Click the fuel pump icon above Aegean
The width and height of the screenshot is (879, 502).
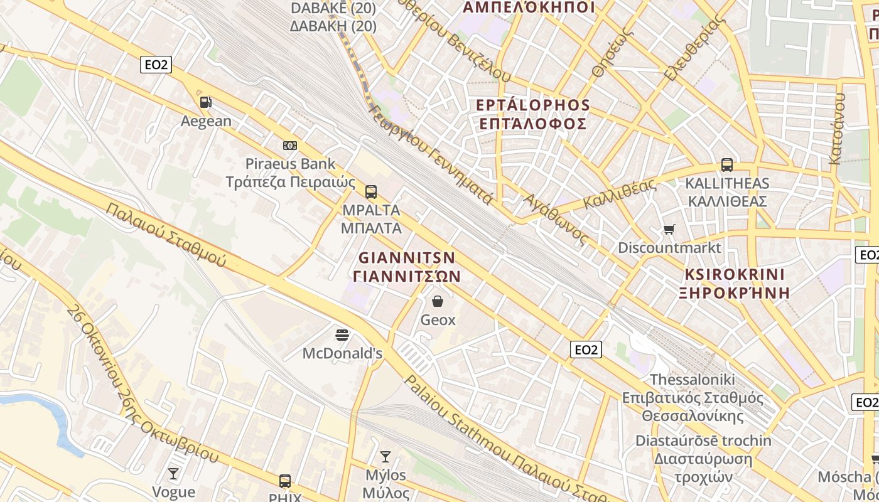(x=205, y=102)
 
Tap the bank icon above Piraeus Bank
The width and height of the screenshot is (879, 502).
(x=289, y=145)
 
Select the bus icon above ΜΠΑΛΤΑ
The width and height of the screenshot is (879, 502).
(x=371, y=191)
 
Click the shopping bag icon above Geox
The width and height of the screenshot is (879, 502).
(x=438, y=301)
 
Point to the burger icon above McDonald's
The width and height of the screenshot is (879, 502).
(x=342, y=334)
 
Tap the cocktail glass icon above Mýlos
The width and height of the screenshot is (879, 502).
(x=386, y=456)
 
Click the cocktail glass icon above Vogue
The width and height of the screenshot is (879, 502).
(x=173, y=473)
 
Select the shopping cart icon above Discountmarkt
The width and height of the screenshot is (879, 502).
(x=669, y=229)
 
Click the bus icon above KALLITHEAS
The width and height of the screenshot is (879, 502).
(x=727, y=165)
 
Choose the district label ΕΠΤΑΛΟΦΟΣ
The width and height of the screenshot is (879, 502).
(x=533, y=124)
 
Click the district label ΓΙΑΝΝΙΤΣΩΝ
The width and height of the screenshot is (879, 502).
(x=407, y=276)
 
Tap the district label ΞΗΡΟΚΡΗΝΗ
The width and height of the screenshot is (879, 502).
(x=734, y=292)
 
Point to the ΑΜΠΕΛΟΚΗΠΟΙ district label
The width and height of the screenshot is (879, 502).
(x=528, y=8)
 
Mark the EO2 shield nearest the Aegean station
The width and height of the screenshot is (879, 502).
(x=156, y=65)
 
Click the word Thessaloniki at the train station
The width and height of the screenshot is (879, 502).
(x=692, y=380)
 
